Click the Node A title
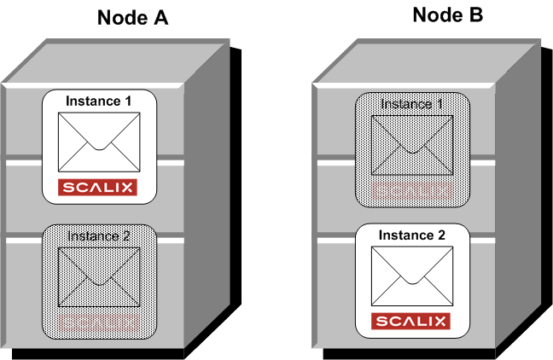tap(131, 18)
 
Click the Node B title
tap(448, 15)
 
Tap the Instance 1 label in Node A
tap(98, 101)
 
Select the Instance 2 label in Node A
tap(98, 236)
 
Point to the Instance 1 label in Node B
tap(413, 104)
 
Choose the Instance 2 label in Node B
tap(412, 235)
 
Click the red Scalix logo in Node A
tap(98, 187)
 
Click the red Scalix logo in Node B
tap(412, 322)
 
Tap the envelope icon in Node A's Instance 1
tap(98, 141)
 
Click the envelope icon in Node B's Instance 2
tap(412, 275)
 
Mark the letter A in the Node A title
tap(159, 18)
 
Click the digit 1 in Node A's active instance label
tap(128, 101)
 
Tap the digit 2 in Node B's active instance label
tap(442, 235)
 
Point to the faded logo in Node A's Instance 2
tap(98, 322)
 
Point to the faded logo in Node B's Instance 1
tap(413, 189)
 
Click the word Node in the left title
tap(120, 18)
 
